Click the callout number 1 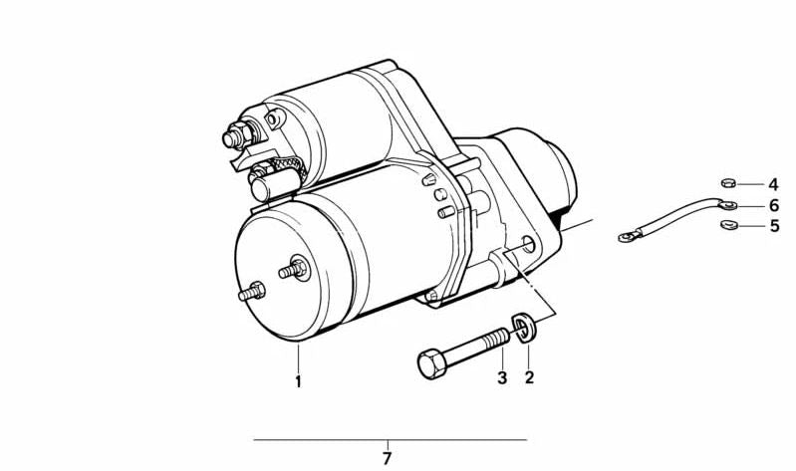[x=296, y=380]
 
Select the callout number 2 [x=529, y=377]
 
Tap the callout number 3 [x=502, y=377]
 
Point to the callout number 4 [x=772, y=184]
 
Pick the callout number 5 [x=772, y=226]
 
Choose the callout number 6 [x=772, y=205]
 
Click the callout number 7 [x=388, y=459]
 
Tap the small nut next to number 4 [x=727, y=183]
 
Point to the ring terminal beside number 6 [x=728, y=204]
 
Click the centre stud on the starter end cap [x=296, y=269]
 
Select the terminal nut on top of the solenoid [x=238, y=134]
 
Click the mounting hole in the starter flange [x=527, y=244]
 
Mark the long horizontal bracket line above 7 [x=389, y=439]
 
